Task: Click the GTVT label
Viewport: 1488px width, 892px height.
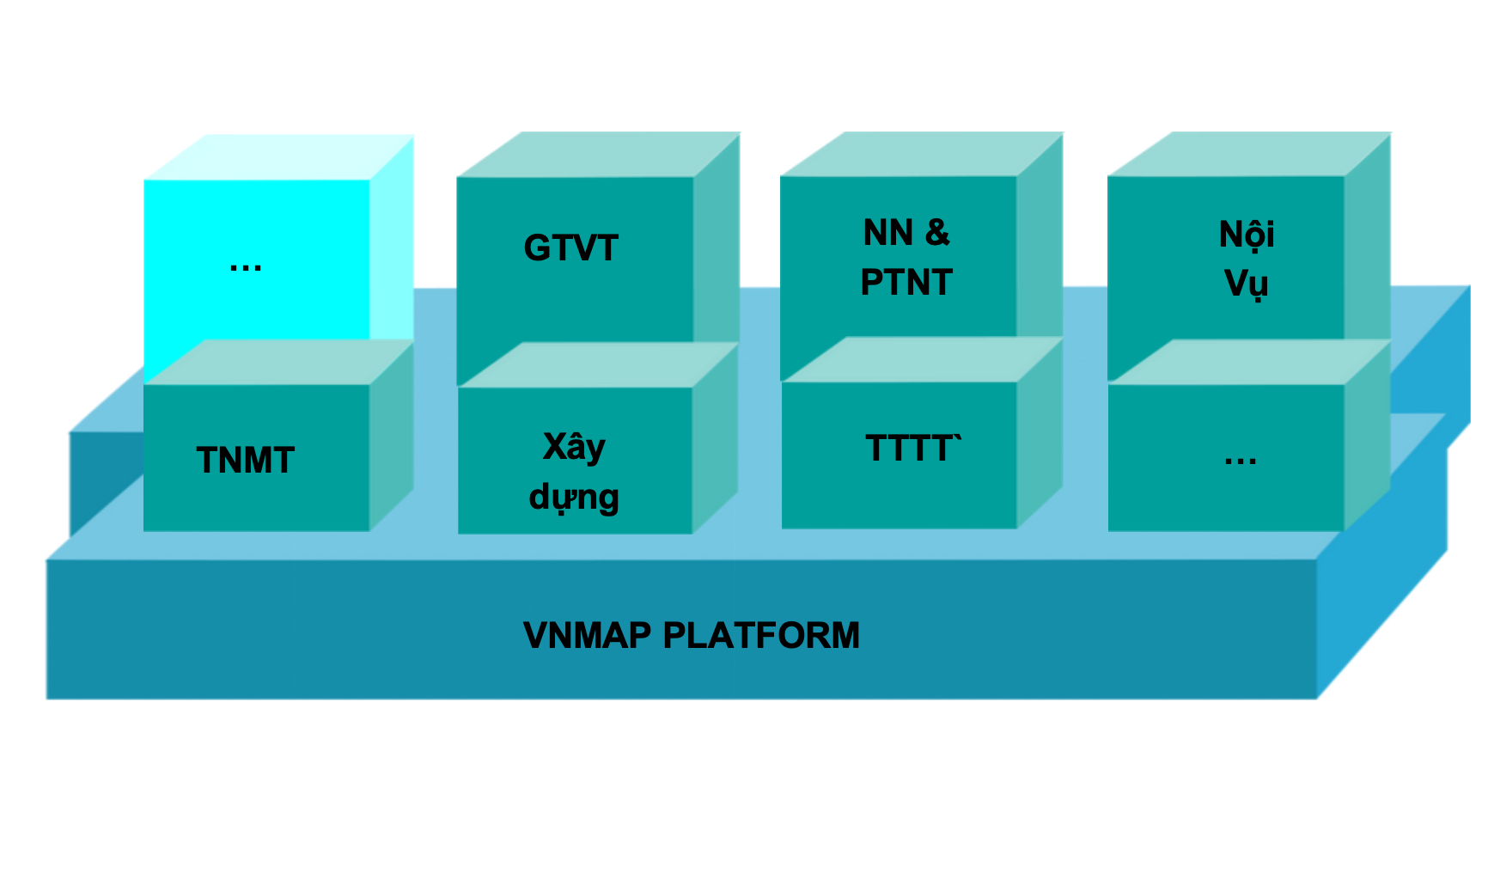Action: (x=570, y=248)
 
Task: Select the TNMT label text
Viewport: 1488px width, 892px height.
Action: (x=246, y=461)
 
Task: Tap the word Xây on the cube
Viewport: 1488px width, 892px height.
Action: (x=574, y=448)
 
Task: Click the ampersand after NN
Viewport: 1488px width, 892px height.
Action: (x=937, y=233)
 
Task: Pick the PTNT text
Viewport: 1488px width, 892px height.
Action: (x=906, y=283)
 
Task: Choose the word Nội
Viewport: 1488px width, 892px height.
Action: (x=1247, y=235)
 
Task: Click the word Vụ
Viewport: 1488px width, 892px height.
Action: (x=1246, y=284)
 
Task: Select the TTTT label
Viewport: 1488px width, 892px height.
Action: (x=912, y=449)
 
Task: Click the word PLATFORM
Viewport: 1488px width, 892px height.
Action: (x=761, y=636)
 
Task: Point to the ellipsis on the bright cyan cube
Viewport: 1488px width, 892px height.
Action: (x=246, y=267)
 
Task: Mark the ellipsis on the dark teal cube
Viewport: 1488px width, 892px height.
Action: (x=1241, y=461)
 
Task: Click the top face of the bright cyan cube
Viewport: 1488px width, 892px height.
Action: (x=279, y=157)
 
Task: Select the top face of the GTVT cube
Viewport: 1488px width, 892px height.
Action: (x=599, y=155)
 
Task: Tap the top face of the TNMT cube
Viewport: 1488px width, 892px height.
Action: (x=279, y=362)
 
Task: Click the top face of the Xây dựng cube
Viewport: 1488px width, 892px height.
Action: (x=599, y=365)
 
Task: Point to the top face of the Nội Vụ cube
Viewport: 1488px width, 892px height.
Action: (x=1250, y=155)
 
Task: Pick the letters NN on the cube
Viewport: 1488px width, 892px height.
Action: (x=888, y=233)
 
